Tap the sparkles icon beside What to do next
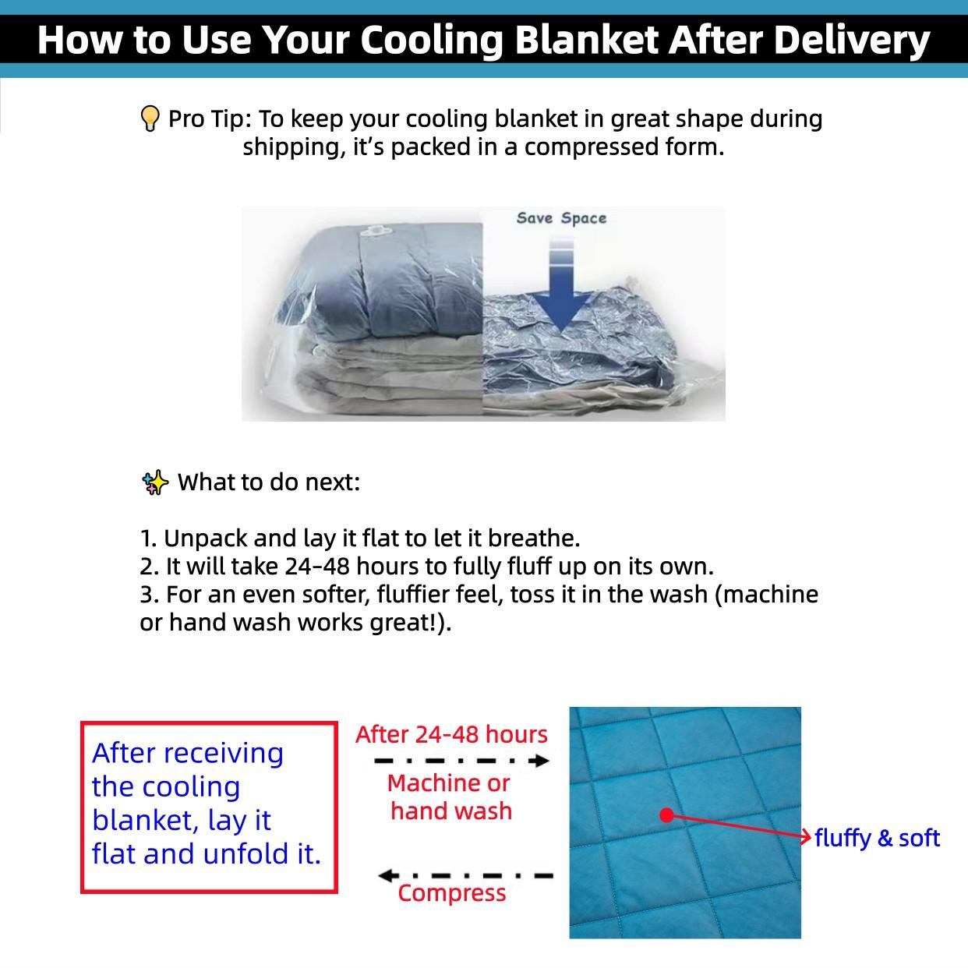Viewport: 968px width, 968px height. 155,482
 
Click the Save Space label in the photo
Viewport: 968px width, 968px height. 561,218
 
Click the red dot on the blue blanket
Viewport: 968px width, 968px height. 666,815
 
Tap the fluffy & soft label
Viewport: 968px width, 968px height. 877,839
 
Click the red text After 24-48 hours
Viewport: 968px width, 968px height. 451,734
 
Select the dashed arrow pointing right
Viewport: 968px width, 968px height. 461,761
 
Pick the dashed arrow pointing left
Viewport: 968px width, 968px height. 465,875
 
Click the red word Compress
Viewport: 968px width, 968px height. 452,893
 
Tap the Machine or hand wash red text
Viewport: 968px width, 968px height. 450,797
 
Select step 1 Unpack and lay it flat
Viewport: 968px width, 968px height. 360,539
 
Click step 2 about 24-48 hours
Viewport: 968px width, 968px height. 426,567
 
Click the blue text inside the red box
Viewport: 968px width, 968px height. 206,804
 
